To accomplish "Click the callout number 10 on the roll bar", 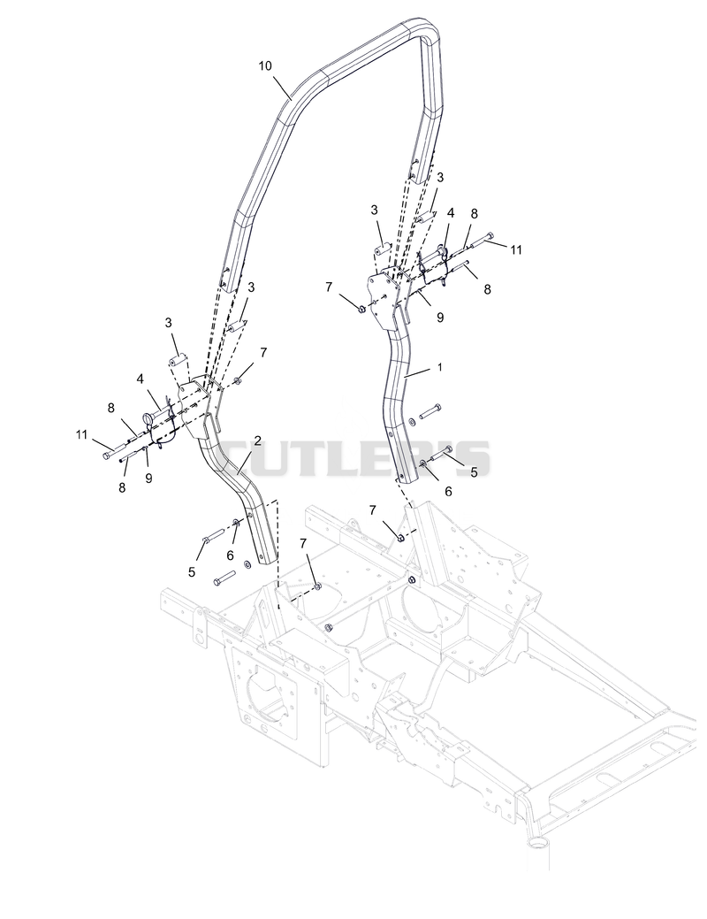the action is click(265, 65).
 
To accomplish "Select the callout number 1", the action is click(440, 367).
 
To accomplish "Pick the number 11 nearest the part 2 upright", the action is click(81, 435).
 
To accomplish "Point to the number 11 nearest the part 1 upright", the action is click(515, 250).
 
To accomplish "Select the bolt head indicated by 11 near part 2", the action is click(107, 455).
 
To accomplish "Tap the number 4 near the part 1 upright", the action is click(451, 213).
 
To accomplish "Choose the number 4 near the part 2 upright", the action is click(140, 379).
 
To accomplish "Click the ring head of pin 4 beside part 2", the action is click(148, 418).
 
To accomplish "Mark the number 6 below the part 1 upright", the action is click(448, 491).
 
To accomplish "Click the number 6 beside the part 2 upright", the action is click(230, 555).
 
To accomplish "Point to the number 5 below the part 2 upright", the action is click(192, 572).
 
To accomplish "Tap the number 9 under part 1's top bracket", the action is click(440, 317).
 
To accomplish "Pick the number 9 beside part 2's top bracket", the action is click(148, 478).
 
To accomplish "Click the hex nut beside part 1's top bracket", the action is click(361, 309).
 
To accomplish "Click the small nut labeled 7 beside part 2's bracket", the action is click(238, 381).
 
